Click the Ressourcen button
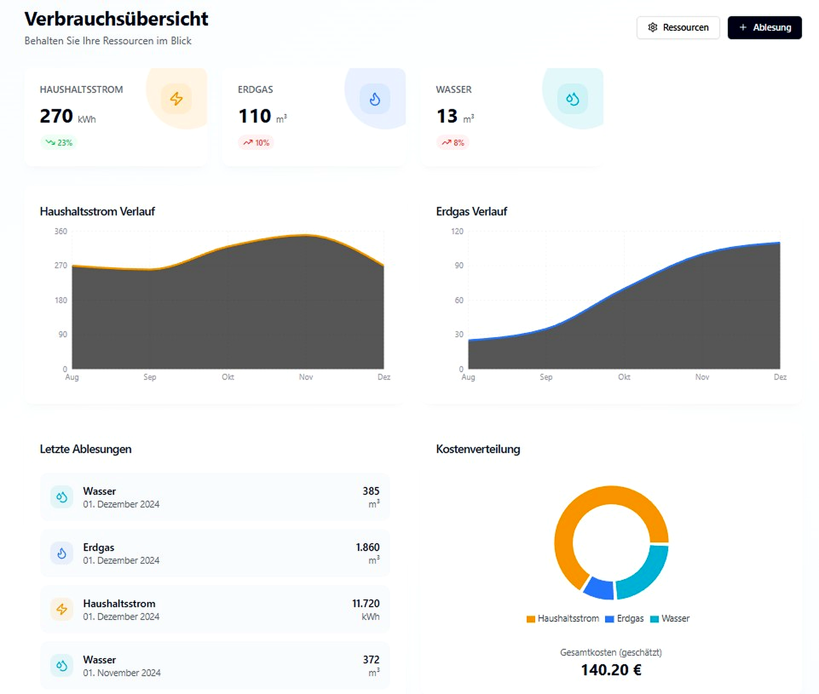click(678, 28)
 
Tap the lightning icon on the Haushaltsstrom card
click(176, 99)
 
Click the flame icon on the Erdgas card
click(375, 99)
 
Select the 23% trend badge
click(59, 143)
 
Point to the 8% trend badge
click(453, 143)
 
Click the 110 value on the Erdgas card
click(254, 116)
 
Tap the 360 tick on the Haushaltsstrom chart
click(61, 231)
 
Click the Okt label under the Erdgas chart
click(624, 377)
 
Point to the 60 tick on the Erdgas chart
click(459, 300)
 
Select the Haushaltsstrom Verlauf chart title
click(97, 212)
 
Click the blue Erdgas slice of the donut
click(599, 588)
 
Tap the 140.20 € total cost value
click(611, 670)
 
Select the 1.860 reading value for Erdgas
click(367, 547)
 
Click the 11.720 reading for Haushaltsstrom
click(365, 603)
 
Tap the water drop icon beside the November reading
click(62, 665)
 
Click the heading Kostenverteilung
click(478, 449)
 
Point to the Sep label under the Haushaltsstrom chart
click(150, 377)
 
